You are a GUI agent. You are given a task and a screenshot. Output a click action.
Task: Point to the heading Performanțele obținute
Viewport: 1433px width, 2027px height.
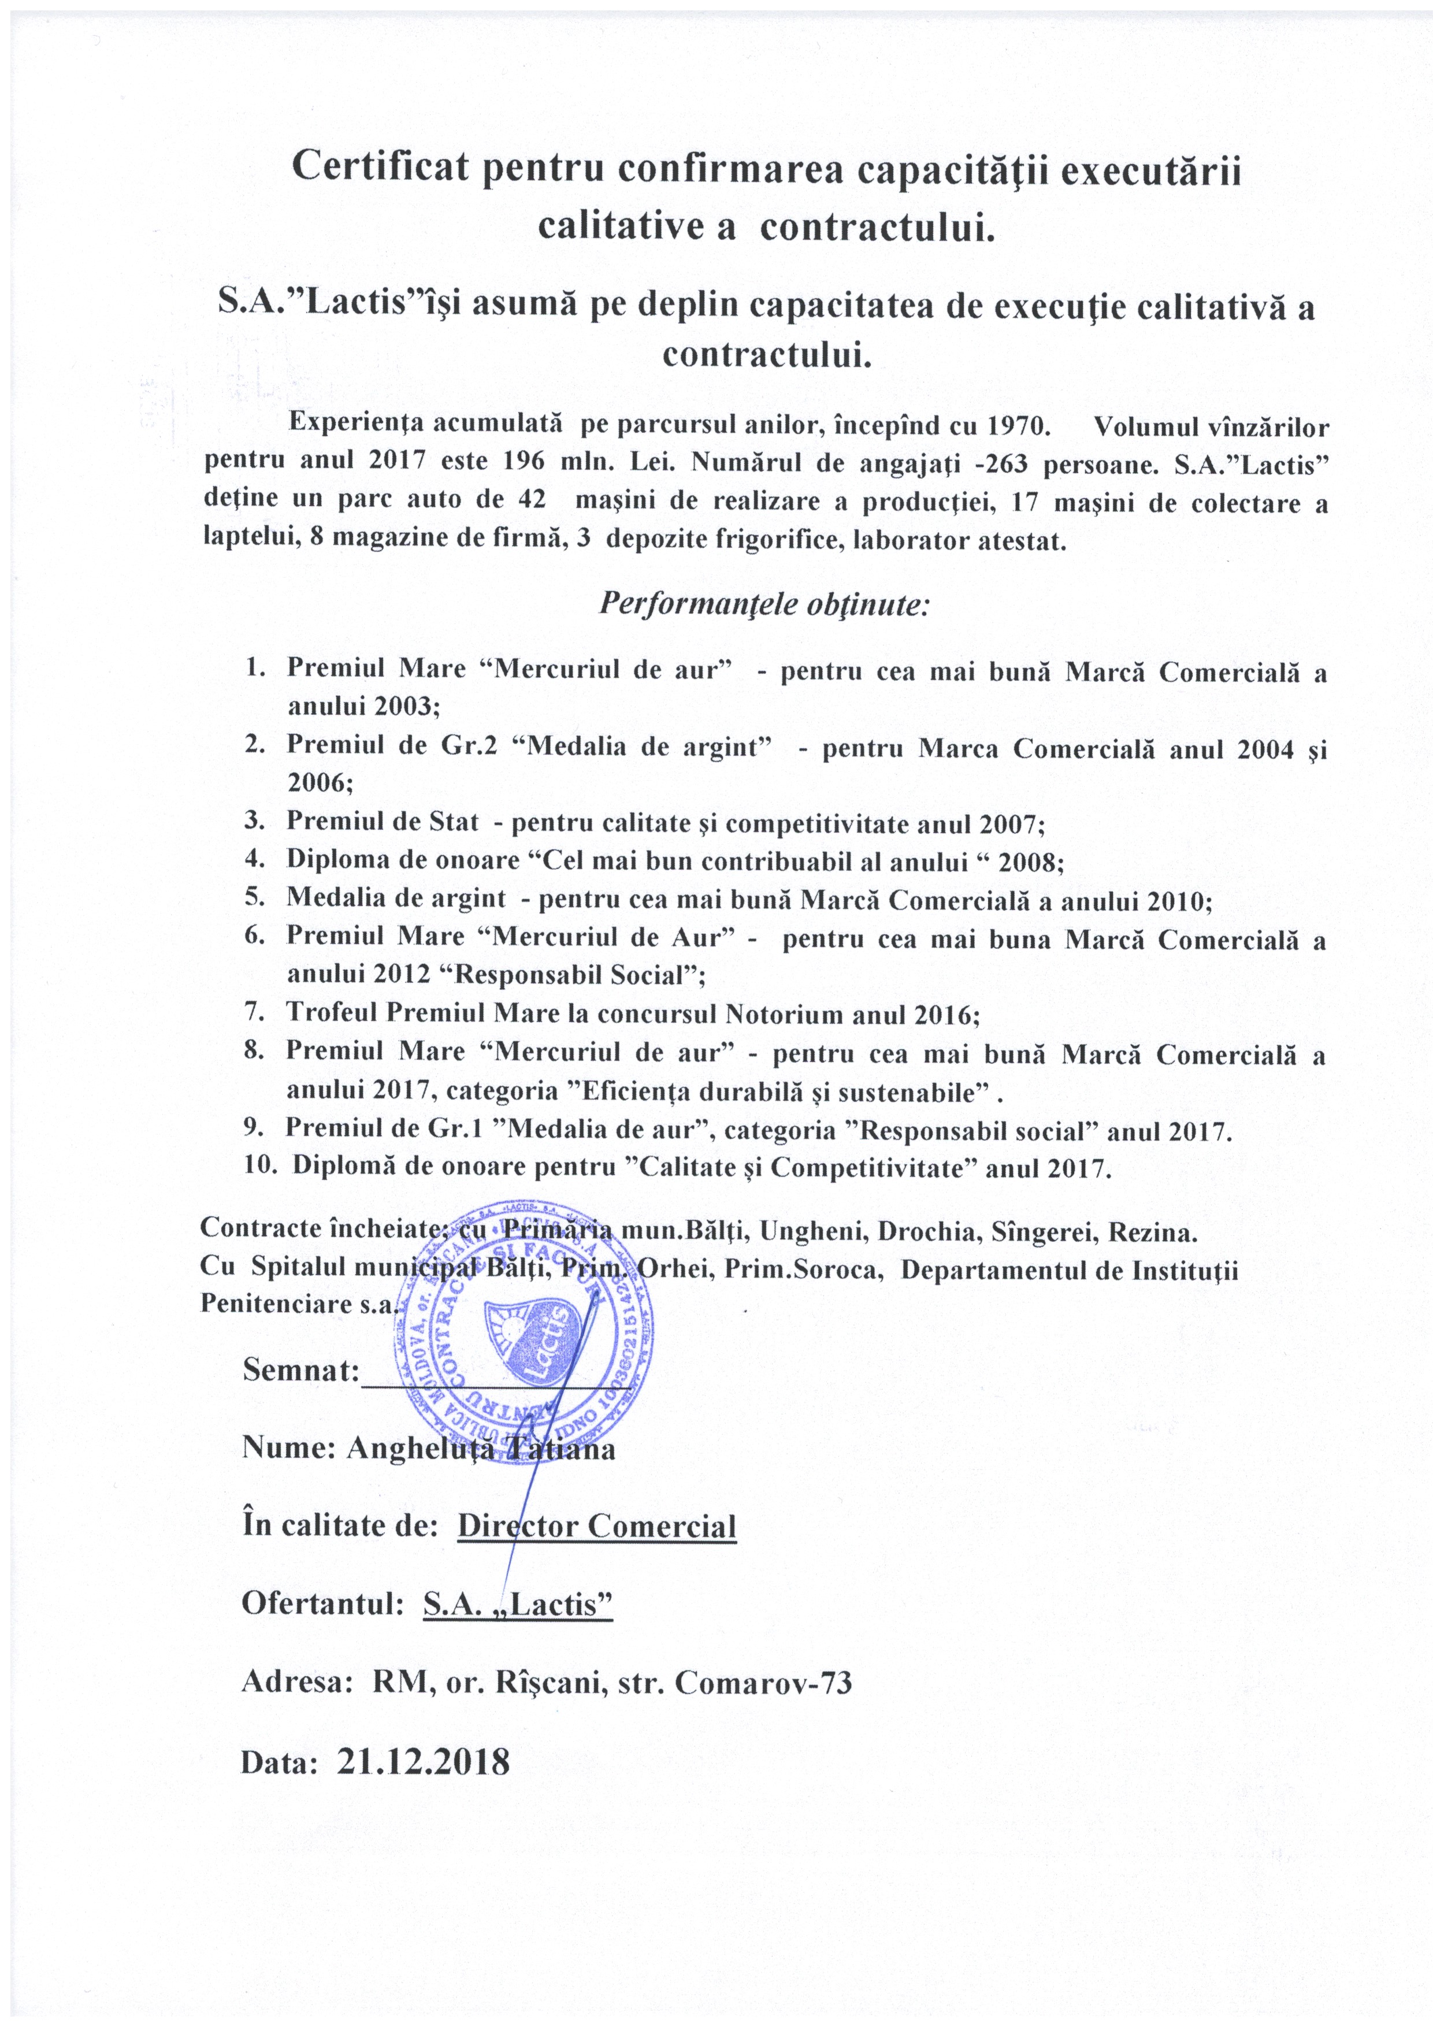click(x=764, y=604)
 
